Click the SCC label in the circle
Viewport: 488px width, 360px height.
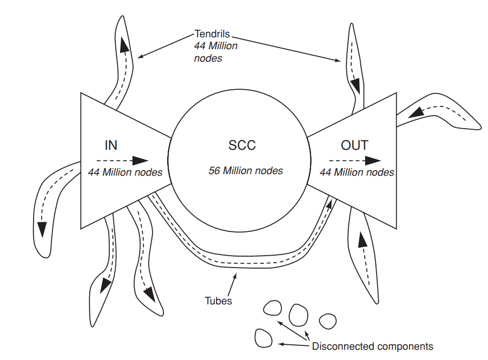click(242, 145)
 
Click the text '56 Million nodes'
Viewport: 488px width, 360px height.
click(246, 171)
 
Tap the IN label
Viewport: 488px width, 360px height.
click(111, 145)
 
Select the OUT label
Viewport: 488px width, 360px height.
click(354, 145)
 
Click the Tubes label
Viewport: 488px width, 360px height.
click(219, 301)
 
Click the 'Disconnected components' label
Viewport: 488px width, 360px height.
click(373, 346)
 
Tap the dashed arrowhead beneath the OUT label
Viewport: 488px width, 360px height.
click(373, 161)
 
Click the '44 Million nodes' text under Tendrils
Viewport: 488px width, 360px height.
click(215, 52)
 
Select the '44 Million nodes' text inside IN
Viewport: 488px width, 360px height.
click(125, 173)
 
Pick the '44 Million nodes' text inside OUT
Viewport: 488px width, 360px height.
click(357, 173)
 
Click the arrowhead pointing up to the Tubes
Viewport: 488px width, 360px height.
click(234, 276)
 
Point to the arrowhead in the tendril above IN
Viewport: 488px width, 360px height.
click(125, 46)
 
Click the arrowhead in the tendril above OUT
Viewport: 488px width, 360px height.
click(355, 85)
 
